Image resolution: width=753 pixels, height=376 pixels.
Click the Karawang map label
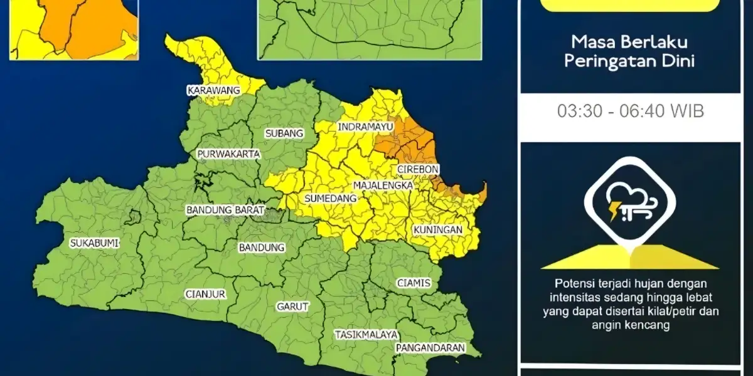pyautogui.click(x=214, y=91)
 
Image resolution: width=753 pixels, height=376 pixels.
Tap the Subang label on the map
pyautogui.click(x=284, y=133)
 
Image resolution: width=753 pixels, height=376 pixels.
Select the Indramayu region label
pyautogui.click(x=365, y=127)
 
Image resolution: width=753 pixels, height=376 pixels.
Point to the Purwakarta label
pyautogui.click(x=228, y=154)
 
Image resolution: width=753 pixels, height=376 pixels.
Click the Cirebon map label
pyautogui.click(x=418, y=170)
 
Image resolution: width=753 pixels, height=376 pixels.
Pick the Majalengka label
pyautogui.click(x=383, y=186)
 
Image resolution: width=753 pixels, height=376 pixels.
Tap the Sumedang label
pyautogui.click(x=330, y=199)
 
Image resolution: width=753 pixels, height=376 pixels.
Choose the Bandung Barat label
pyautogui.click(x=225, y=211)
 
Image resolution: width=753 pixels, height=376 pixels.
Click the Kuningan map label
pyautogui.click(x=438, y=230)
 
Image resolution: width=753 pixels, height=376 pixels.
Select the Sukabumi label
pyautogui.click(x=94, y=243)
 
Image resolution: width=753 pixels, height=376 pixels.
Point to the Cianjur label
pyautogui.click(x=205, y=293)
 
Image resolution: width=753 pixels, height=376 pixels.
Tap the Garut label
pyautogui.click(x=292, y=307)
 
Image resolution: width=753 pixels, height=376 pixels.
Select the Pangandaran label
pyautogui.click(x=430, y=348)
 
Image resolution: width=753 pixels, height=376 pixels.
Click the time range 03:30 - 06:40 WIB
pyautogui.click(x=630, y=112)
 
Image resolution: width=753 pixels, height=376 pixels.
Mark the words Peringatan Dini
pyautogui.click(x=630, y=62)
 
